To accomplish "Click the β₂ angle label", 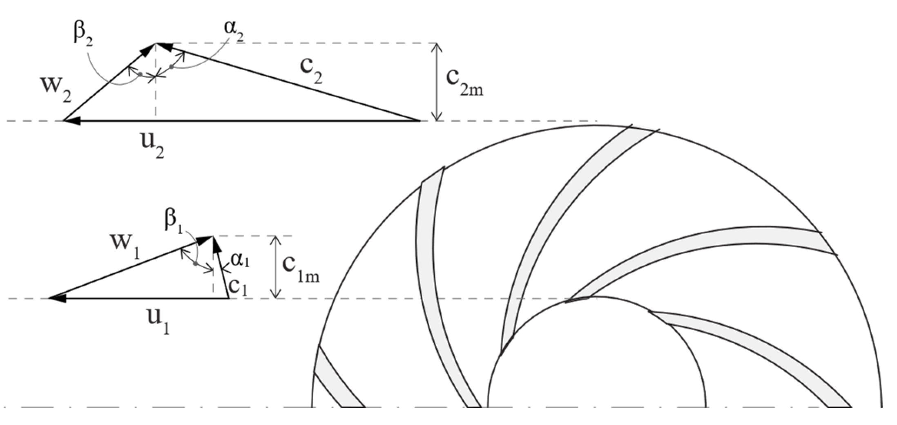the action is pos(83,34).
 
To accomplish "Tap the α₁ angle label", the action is pos(240,260).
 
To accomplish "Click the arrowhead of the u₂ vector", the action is pos(72,121).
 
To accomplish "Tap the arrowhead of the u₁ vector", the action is pos(57,298).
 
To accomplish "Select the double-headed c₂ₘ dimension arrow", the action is pos(437,82).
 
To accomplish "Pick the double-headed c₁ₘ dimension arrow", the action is pos(277,266).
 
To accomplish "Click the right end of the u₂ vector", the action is pos(419,121).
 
